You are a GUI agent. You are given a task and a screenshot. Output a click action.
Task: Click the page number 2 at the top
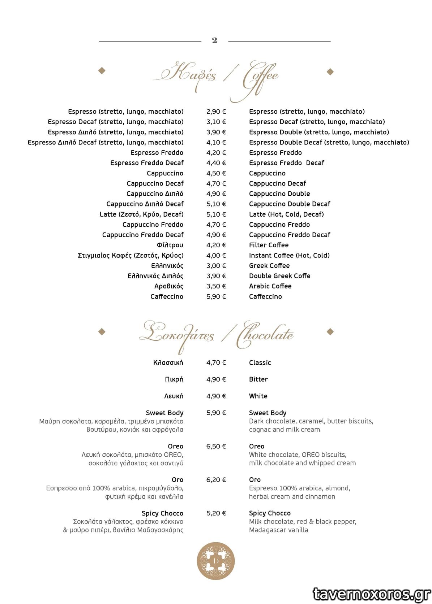214,40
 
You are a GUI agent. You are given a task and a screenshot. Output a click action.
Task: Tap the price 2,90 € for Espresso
216,112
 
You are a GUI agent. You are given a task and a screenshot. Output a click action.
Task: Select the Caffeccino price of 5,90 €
216,296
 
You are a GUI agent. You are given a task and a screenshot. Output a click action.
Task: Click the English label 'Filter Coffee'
269,245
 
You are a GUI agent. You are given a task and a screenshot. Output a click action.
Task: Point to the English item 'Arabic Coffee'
270,286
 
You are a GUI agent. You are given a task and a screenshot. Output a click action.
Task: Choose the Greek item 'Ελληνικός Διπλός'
155,276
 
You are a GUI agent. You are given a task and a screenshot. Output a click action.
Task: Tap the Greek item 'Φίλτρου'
170,245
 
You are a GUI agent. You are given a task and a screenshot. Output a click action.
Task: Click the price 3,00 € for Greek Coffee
216,266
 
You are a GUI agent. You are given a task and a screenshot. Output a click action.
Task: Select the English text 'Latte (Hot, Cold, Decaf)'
286,214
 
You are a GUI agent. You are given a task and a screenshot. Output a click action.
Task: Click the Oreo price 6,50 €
216,446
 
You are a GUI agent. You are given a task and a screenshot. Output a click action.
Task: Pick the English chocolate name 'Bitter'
258,379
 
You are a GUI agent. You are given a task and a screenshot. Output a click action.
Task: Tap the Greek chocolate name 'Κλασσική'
168,362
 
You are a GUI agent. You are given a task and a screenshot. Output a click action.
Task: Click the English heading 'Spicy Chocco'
270,513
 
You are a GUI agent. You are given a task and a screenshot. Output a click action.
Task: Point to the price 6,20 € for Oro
216,480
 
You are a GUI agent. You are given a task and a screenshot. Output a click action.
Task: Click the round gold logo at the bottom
216,561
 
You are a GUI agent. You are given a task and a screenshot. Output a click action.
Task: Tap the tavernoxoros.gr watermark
372,594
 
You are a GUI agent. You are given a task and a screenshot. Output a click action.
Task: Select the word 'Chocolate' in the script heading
266,335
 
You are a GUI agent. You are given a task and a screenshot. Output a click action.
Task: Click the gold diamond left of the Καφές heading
102,71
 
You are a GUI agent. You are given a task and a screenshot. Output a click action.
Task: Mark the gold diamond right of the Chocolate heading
330,331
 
